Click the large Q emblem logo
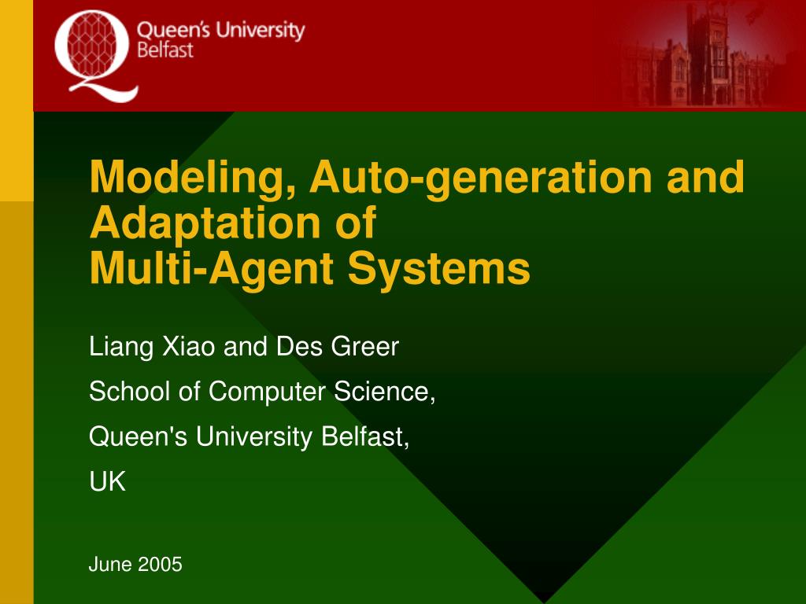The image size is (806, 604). [x=96, y=56]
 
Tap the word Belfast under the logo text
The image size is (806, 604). [x=165, y=50]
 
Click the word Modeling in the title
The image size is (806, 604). [x=192, y=177]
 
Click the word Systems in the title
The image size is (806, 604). [x=439, y=269]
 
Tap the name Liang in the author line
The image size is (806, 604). [x=121, y=347]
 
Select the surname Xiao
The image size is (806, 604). [x=189, y=346]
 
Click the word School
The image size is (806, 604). [x=130, y=392]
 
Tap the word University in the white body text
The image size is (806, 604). [x=254, y=437]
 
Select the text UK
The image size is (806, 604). [x=107, y=482]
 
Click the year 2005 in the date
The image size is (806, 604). [x=160, y=565]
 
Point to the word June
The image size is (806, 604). [x=110, y=565]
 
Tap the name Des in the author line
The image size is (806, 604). [x=299, y=346]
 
